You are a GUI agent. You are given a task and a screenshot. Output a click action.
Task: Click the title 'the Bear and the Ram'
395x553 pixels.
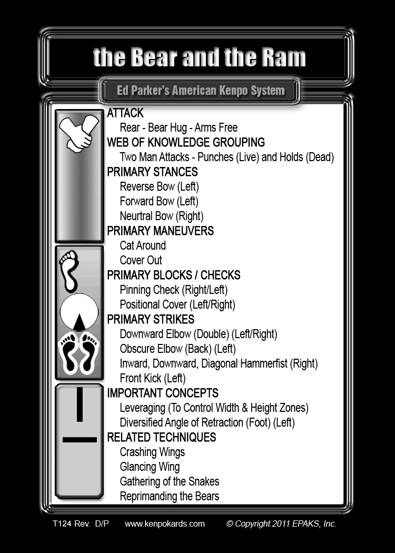(199, 57)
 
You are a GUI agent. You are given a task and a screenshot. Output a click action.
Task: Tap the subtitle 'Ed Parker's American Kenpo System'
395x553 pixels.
(201, 91)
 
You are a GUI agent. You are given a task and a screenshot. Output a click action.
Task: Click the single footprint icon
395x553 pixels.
(69, 271)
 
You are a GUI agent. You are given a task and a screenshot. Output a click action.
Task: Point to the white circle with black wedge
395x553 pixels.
(79, 312)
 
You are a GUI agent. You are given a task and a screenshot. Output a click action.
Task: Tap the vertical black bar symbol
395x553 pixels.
(80, 404)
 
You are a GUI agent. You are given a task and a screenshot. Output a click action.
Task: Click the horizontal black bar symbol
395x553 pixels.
(80, 440)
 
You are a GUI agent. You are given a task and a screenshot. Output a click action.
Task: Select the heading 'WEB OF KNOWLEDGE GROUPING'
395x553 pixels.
(186, 143)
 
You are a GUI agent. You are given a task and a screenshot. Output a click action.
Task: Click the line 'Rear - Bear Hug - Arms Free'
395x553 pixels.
(179, 127)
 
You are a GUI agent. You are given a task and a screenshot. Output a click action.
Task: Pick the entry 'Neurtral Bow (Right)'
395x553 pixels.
(162, 216)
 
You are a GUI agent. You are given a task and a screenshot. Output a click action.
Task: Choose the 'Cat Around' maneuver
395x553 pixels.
(143, 245)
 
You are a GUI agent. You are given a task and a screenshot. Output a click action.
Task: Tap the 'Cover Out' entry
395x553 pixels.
(141, 260)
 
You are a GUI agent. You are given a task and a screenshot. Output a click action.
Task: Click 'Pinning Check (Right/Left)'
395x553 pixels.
(174, 290)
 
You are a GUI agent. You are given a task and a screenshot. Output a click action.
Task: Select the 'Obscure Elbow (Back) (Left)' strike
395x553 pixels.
(178, 349)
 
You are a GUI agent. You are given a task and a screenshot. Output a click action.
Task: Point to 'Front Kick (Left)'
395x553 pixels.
(153, 379)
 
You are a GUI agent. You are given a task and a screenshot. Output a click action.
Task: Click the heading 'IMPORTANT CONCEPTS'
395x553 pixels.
(163, 393)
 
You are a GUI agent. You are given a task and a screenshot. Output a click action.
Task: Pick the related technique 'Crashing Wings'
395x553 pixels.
(152, 452)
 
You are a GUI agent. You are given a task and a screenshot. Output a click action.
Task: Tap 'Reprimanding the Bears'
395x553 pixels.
(170, 496)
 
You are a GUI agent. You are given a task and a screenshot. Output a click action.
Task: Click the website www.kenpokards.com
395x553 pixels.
(165, 524)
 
